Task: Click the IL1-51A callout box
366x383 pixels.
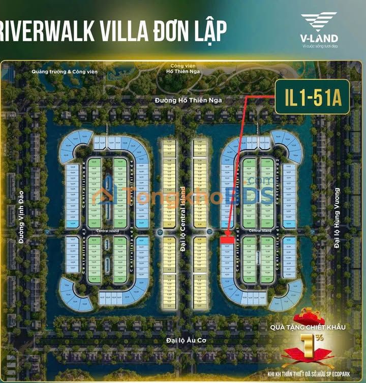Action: [x=312, y=96]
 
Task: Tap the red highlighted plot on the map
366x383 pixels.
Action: [x=228, y=239]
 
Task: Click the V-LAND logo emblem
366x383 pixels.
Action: [x=319, y=22]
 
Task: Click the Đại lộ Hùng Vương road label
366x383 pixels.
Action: [x=336, y=218]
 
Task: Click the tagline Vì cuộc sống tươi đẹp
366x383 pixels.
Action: [x=319, y=46]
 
